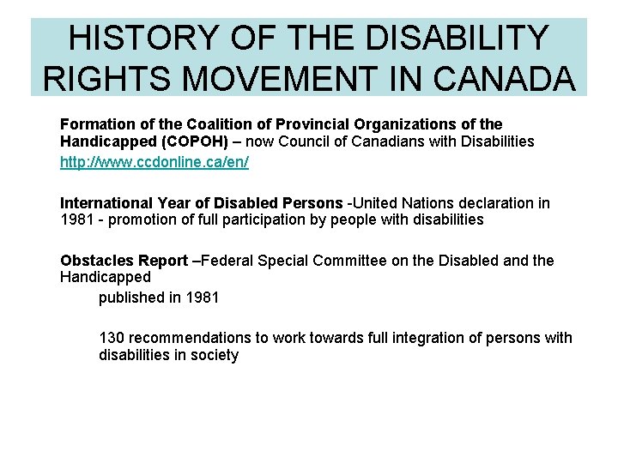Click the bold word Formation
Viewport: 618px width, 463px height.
[94, 125]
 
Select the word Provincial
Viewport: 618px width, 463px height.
[288, 125]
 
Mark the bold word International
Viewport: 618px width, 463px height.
[106, 203]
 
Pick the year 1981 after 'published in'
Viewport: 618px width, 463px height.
[202, 298]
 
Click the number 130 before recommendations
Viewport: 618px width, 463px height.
[112, 338]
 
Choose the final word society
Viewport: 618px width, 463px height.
[213, 355]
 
